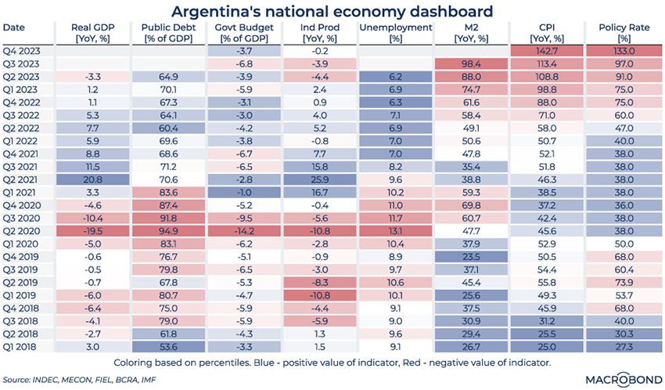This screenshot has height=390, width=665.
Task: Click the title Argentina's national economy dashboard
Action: tap(332, 11)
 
